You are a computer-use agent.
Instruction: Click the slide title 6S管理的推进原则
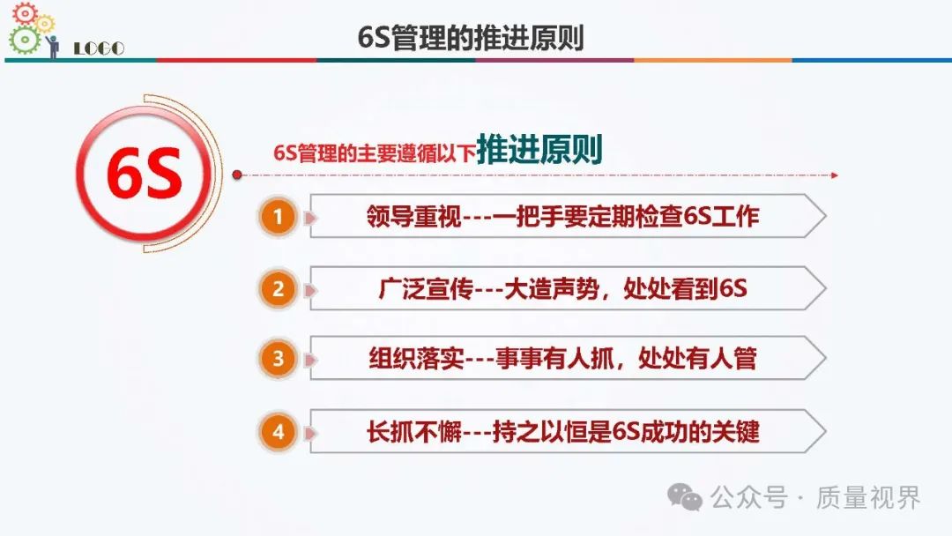tap(471, 37)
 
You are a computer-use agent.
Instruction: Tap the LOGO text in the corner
tap(99, 48)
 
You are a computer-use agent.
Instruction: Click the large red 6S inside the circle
tap(145, 174)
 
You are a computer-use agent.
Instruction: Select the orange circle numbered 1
tap(278, 216)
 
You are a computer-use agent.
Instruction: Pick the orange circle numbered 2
tap(278, 289)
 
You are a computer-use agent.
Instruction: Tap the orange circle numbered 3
tap(278, 358)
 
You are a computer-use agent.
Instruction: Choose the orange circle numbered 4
tap(278, 432)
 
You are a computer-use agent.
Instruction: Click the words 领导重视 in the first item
tap(414, 216)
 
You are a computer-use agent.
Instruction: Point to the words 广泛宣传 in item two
tap(426, 289)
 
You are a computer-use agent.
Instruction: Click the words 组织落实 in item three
tap(416, 358)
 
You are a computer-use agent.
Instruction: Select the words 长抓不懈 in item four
tap(414, 432)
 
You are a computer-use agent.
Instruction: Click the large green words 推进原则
tap(539, 149)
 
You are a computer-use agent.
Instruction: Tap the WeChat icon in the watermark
tap(685, 498)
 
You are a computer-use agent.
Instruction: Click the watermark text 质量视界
tap(869, 498)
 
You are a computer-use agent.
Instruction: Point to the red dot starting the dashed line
tap(237, 175)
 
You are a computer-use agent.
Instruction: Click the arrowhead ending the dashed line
tap(835, 175)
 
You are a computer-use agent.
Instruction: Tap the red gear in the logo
tap(25, 13)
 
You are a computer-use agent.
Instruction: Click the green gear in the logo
tap(25, 41)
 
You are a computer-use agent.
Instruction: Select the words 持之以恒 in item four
tap(539, 432)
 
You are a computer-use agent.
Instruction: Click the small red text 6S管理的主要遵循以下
tap(375, 153)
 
